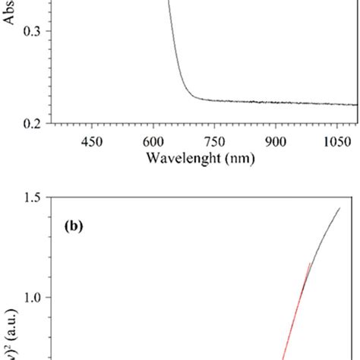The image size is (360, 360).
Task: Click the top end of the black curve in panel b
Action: pos(339,208)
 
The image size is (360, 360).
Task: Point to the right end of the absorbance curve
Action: pos(355,105)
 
